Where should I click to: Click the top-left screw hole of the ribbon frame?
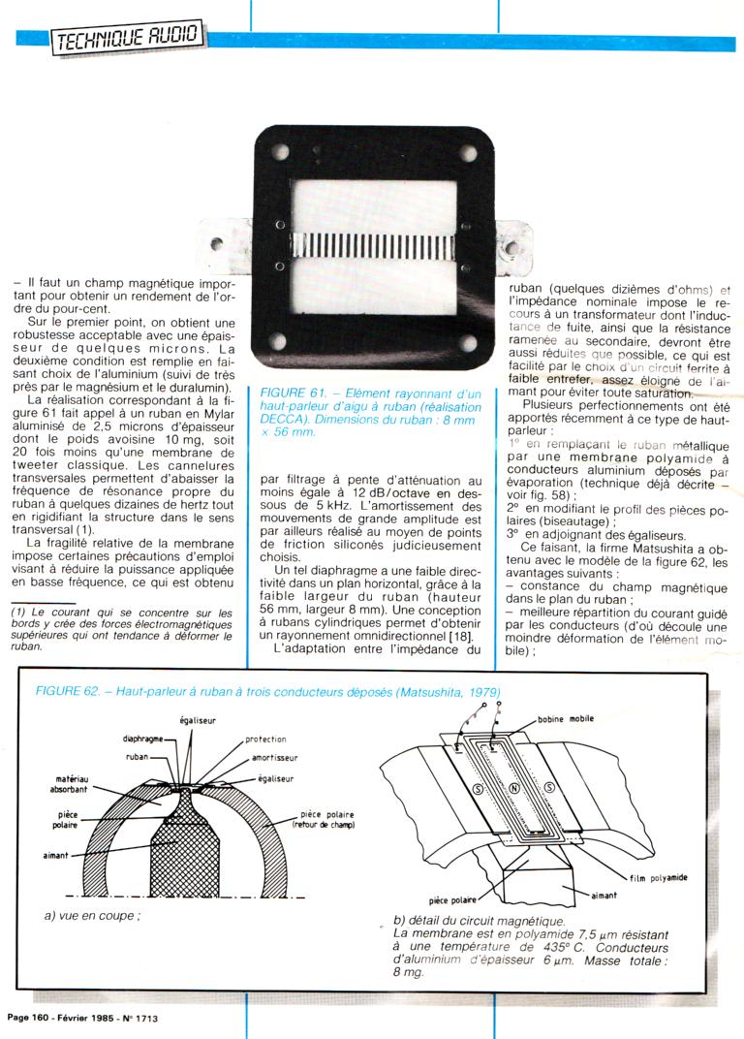(281, 153)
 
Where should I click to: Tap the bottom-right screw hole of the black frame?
(468, 343)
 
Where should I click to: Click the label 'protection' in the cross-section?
(265, 739)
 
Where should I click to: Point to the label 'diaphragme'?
(141, 738)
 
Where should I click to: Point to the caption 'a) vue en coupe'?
(93, 914)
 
